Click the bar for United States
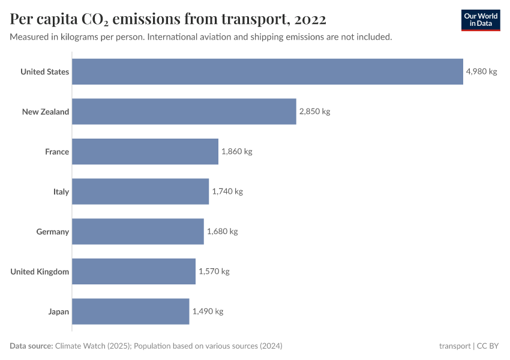click(268, 71)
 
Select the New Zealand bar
click(184, 112)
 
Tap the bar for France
click(145, 151)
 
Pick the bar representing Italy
click(140, 191)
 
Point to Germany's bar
click(138, 232)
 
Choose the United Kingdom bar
click(134, 271)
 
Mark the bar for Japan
click(131, 311)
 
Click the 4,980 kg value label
click(481, 71)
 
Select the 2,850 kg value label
click(314, 112)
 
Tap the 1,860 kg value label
click(236, 151)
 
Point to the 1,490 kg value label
click(208, 311)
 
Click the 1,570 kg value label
click(214, 271)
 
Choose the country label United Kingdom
click(40, 272)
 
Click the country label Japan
click(59, 311)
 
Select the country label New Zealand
click(46, 112)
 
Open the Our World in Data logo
click(481, 20)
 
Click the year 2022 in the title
click(310, 19)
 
